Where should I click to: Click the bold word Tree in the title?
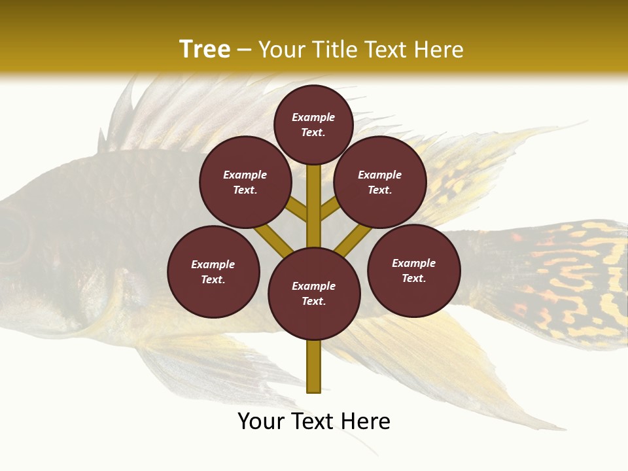click(205, 49)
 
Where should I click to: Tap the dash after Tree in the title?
click(243, 50)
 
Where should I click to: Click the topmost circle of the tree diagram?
click(313, 124)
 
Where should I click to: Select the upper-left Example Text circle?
click(245, 182)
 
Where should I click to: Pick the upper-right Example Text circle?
click(380, 182)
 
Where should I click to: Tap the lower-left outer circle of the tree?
click(213, 271)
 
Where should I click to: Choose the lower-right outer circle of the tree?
click(414, 270)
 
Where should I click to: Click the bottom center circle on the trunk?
click(314, 294)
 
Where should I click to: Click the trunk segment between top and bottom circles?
click(314, 206)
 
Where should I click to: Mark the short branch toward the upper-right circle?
click(329, 209)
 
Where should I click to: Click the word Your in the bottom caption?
click(261, 421)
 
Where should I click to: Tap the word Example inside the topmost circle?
click(313, 117)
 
